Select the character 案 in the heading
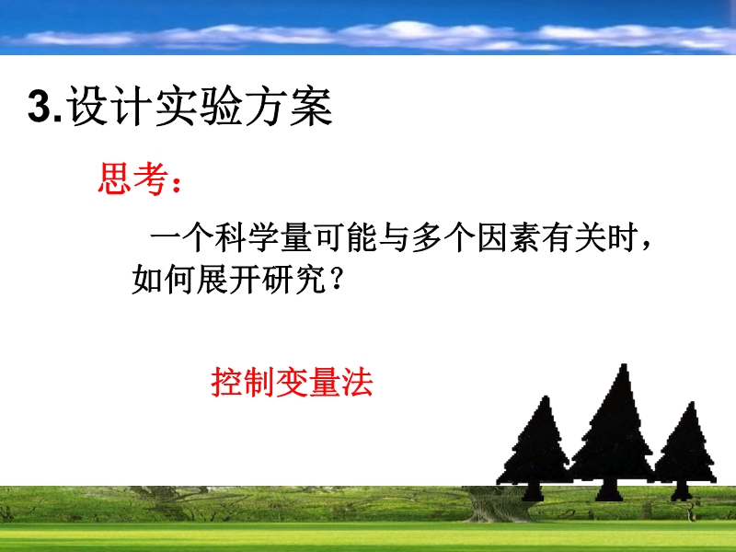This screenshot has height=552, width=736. (x=311, y=107)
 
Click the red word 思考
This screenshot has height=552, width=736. (x=133, y=178)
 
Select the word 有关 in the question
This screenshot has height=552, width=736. (x=574, y=238)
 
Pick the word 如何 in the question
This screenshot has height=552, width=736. (x=164, y=280)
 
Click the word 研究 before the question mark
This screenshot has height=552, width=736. (x=293, y=280)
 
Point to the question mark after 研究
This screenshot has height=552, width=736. (x=336, y=280)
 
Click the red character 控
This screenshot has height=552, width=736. (x=227, y=383)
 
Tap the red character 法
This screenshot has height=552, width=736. (x=357, y=383)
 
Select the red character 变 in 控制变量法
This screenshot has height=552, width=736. (x=293, y=383)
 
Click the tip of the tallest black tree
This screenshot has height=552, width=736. (x=624, y=364)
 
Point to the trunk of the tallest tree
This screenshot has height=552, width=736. (x=608, y=490)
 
